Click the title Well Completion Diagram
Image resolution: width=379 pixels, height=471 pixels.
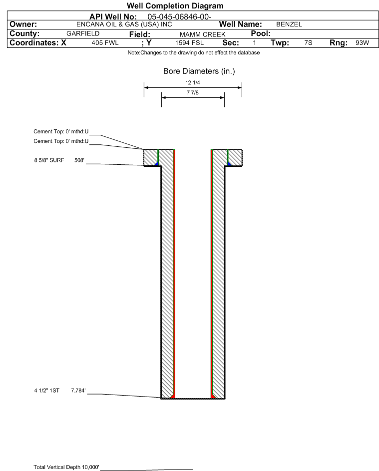tap(175, 6)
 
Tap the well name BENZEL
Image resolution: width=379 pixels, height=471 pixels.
tap(286, 24)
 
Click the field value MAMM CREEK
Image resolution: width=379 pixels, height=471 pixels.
tap(197, 34)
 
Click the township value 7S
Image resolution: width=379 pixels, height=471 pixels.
tap(308, 43)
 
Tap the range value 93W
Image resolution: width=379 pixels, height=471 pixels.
tap(362, 43)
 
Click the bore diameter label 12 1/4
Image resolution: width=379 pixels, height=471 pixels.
tap(193, 82)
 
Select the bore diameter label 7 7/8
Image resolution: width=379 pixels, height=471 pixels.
tap(193, 93)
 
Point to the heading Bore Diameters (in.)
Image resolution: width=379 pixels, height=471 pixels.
tap(199, 71)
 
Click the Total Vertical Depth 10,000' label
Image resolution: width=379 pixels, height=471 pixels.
tap(66, 467)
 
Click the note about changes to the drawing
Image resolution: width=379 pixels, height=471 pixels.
tap(194, 53)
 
